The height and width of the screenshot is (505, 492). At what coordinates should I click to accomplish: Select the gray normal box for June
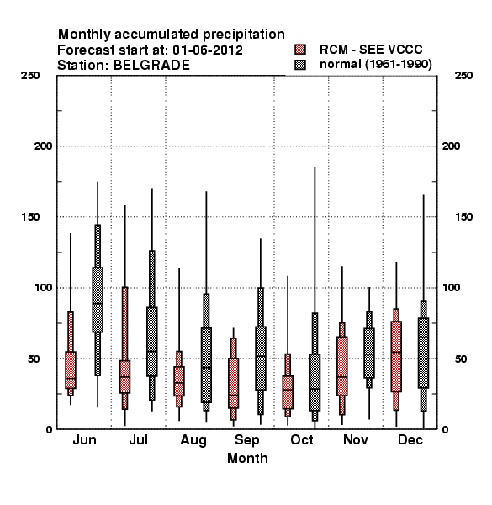click(98, 300)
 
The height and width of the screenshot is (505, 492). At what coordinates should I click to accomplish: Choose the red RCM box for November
click(342, 366)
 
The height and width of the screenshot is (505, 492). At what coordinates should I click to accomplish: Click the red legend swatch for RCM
click(300, 50)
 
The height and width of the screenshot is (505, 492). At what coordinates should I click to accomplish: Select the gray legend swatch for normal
click(300, 65)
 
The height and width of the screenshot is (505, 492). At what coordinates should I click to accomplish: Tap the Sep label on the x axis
click(246, 440)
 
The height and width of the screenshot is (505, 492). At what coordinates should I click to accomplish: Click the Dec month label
click(410, 440)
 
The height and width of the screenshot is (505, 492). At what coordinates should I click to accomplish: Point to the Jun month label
click(84, 440)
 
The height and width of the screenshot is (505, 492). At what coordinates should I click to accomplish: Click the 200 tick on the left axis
click(43, 146)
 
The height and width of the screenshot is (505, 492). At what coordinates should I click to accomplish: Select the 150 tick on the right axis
click(463, 217)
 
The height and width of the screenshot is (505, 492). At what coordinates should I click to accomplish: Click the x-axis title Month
click(247, 459)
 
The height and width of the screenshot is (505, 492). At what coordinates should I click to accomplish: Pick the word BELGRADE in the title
click(151, 66)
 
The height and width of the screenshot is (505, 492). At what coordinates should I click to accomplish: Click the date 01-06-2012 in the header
click(208, 50)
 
